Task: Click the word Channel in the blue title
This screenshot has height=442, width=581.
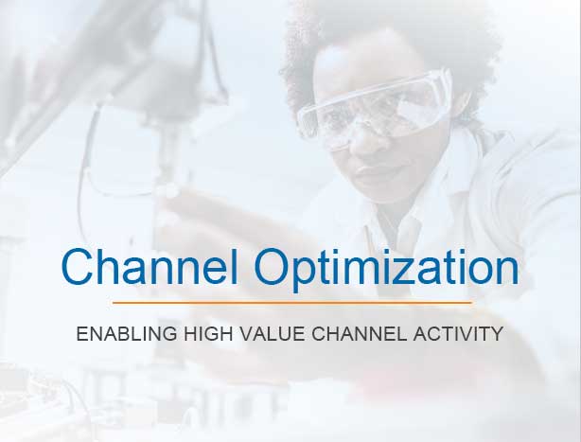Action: point(150,266)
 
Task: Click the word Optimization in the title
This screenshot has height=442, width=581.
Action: point(386,270)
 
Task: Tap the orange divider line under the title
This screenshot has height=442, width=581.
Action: point(292,303)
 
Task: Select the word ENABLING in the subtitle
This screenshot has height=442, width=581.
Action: point(127,333)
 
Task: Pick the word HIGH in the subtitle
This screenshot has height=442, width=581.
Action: point(208,333)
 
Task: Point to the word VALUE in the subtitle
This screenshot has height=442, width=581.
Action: point(273,333)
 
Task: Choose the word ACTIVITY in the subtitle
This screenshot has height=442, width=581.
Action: point(458,333)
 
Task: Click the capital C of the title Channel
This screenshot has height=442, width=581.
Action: point(78,266)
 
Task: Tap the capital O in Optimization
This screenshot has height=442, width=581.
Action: point(273,266)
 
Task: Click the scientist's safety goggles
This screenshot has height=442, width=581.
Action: point(374,108)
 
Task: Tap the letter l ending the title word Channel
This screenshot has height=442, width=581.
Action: point(235,266)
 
